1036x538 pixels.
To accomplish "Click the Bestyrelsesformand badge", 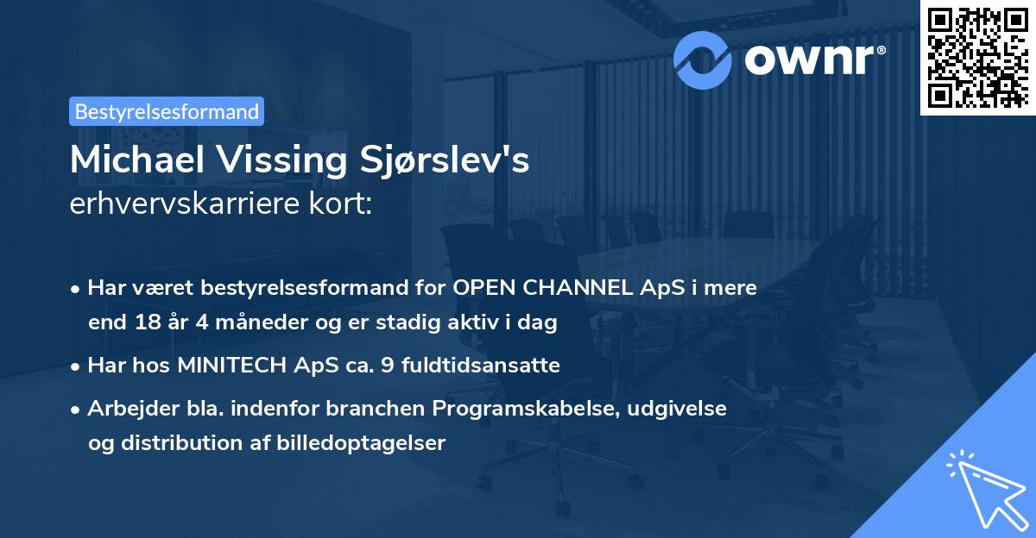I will pyautogui.click(x=167, y=111).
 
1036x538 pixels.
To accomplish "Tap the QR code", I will pyautogui.click(x=977, y=57).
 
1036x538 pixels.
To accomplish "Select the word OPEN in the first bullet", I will pyautogui.click(x=478, y=288).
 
